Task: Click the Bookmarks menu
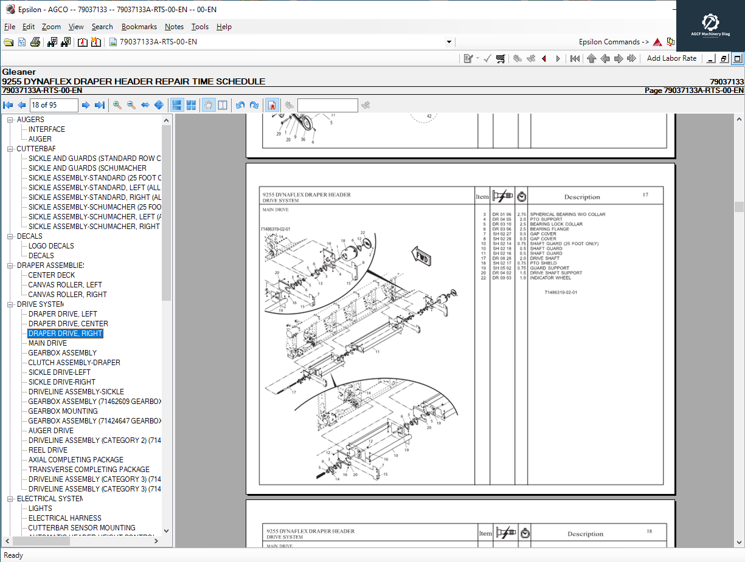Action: point(139,27)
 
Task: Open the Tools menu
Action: point(199,27)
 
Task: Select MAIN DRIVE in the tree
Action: point(47,343)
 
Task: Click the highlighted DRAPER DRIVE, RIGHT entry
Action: point(65,334)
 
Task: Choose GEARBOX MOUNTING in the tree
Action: point(63,411)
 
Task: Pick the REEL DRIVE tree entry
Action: point(48,450)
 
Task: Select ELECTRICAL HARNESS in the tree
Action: point(65,518)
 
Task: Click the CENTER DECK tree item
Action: point(51,275)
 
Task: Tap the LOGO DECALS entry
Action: point(51,246)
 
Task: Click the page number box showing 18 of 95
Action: point(54,105)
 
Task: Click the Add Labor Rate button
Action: point(671,58)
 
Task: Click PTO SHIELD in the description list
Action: point(543,263)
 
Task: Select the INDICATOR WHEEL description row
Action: point(550,278)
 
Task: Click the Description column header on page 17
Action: point(581,197)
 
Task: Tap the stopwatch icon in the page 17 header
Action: point(521,196)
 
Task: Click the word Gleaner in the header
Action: point(19,72)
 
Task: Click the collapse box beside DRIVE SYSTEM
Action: point(10,304)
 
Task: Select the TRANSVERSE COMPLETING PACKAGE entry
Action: point(89,470)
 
